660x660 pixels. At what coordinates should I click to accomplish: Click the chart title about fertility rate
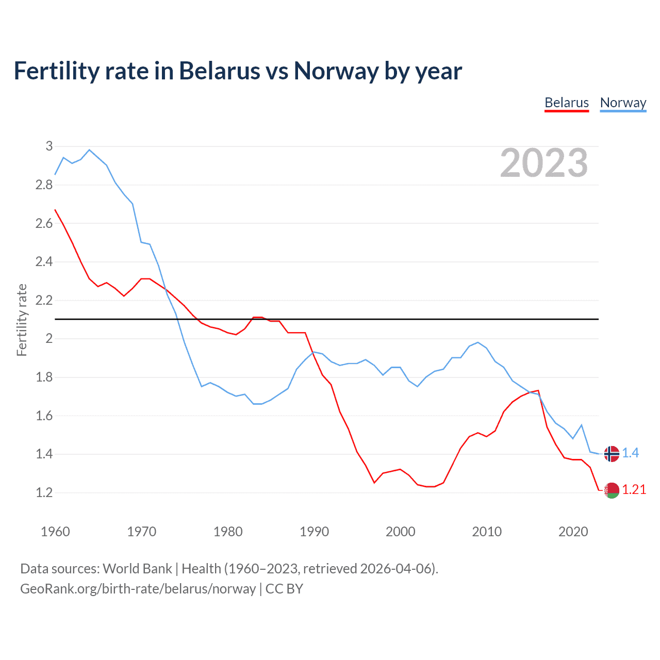coord(238,71)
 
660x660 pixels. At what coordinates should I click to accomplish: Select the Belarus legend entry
coord(567,103)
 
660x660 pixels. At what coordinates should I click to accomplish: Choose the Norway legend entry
coord(623,103)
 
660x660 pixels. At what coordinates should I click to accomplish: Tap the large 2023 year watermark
coord(544,163)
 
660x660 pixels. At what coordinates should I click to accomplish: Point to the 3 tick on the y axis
coord(49,146)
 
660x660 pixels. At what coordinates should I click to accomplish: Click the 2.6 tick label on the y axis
coord(44,223)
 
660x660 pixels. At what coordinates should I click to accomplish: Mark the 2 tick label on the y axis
coord(49,339)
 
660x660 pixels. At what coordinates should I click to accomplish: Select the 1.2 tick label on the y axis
coord(44,492)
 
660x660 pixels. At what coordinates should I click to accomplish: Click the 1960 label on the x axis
coord(55,532)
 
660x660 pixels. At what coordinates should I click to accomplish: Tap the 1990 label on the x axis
coord(314,532)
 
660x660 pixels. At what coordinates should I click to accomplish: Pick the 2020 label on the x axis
coord(573,532)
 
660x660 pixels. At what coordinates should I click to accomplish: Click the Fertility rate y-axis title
coord(22,320)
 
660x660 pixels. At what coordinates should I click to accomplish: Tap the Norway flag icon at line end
coord(612,454)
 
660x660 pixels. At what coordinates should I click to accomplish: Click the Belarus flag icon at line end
coord(612,490)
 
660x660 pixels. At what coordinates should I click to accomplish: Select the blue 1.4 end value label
coord(630,453)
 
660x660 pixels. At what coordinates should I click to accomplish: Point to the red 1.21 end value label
coord(634,489)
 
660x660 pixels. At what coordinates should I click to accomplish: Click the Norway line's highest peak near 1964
coord(89,150)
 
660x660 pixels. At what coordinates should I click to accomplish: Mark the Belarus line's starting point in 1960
coord(55,210)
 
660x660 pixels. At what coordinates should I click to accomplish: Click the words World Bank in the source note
coord(137,569)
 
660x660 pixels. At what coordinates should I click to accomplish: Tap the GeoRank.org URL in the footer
coord(138,589)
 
